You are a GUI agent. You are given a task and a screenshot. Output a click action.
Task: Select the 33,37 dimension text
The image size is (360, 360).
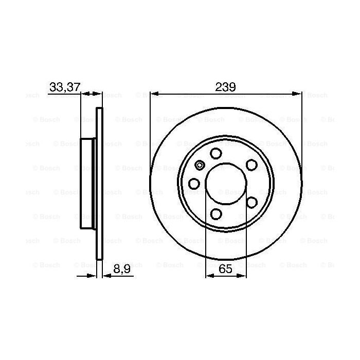pos(65,87)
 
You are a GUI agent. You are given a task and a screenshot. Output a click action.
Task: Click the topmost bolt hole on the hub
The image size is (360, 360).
pos(215,153)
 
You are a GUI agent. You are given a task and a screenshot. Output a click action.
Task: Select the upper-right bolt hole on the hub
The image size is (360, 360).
pos(251,164)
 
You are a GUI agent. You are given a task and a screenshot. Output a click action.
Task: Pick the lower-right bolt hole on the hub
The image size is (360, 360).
pos(251,202)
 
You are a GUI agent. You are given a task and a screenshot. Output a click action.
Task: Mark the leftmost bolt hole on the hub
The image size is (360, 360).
pos(194,184)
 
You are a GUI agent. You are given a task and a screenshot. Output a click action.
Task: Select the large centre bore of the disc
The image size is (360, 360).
pos(225,184)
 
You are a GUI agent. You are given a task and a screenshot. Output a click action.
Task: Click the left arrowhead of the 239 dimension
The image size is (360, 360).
pos(154,94)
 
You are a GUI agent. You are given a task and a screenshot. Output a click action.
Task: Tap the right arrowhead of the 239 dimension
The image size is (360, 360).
pos(297,94)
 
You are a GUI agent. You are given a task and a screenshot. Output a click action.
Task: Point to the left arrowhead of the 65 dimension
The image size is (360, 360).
pos(209,276)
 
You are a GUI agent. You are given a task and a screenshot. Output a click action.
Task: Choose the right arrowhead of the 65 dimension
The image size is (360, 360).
pos(241,276)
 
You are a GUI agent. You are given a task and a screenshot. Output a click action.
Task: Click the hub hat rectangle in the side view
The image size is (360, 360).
pos(88,184)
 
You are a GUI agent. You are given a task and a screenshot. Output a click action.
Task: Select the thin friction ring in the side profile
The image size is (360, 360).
pos(100,184)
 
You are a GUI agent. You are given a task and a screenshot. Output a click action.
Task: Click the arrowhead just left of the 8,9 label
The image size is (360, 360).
pos(93,276)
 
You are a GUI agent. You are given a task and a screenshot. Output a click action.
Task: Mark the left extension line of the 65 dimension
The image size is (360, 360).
pos(206,242)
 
